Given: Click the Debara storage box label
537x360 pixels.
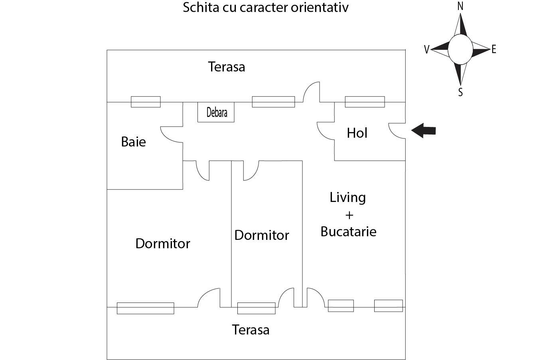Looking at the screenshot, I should click(x=217, y=112).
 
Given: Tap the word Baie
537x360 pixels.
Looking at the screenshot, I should click(x=133, y=142).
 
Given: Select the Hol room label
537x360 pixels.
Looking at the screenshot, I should click(x=357, y=133).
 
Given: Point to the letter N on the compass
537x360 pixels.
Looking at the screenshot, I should click(x=460, y=6).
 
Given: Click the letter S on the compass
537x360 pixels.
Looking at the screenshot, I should click(x=460, y=92).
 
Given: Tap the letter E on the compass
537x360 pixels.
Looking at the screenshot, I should click(x=494, y=49).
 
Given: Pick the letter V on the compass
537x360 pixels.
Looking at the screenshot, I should click(x=426, y=49).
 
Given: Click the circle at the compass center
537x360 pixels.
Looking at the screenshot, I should click(x=460, y=49).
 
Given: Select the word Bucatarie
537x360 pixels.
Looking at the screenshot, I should click(x=348, y=231).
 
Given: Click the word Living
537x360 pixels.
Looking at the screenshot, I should click(x=347, y=197).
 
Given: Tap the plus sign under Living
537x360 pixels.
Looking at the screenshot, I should click(x=349, y=215).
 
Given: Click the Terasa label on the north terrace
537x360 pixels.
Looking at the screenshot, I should click(x=226, y=67).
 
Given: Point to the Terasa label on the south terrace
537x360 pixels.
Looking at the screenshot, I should click(x=251, y=330).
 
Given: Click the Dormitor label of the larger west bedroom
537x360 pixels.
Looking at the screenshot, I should click(x=163, y=243).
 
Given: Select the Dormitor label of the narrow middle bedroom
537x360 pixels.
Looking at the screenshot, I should click(x=262, y=235).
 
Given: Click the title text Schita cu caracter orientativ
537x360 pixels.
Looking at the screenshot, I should click(x=265, y=7).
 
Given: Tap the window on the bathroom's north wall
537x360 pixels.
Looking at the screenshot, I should click(x=146, y=102).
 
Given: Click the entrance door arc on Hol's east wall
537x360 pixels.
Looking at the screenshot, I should click(x=396, y=131).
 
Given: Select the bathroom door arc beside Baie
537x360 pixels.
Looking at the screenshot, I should click(x=171, y=134).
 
